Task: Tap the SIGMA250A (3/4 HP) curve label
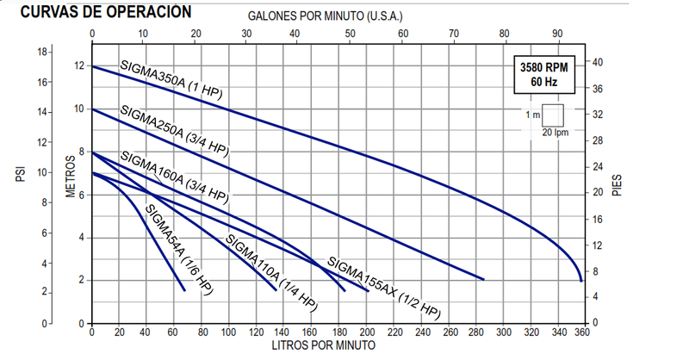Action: pyautogui.click(x=174, y=132)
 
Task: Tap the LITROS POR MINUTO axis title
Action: pyautogui.click(x=324, y=345)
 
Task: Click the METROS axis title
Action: pyautogui.click(x=72, y=177)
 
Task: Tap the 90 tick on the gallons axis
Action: pyautogui.click(x=556, y=34)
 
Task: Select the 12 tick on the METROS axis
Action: pyautogui.click(x=81, y=67)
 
